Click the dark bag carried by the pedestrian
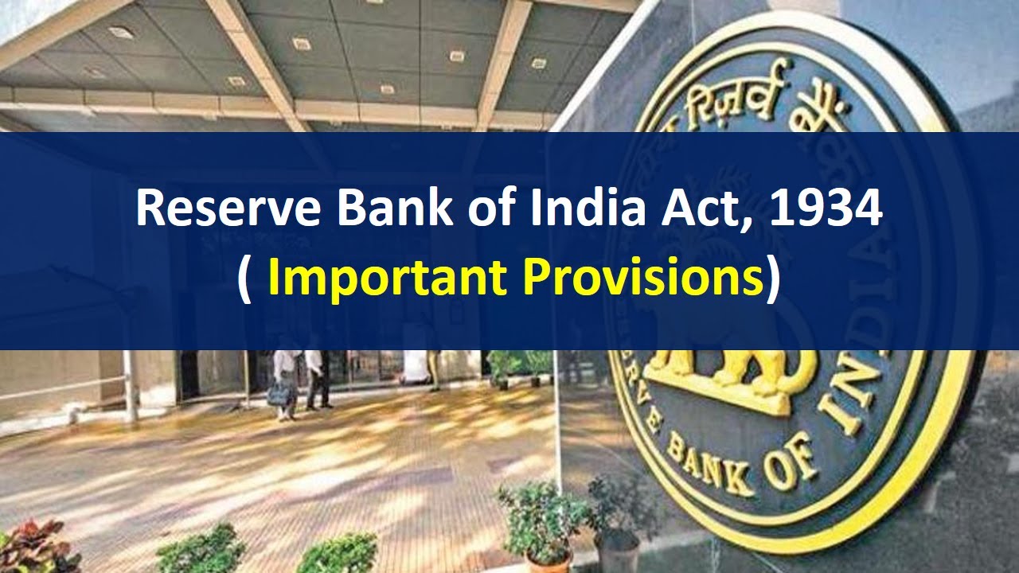coord(279,392)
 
